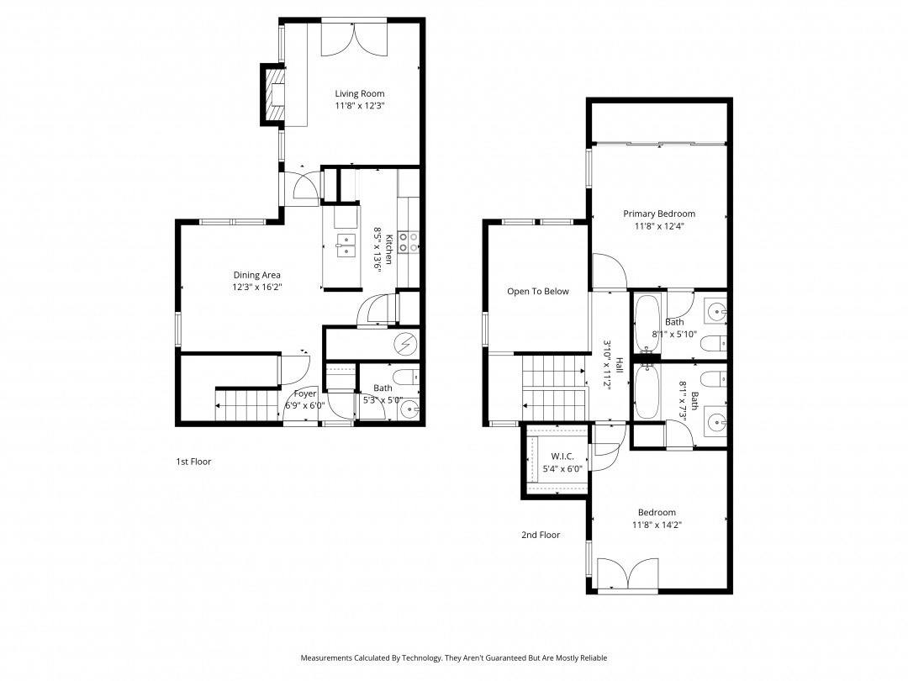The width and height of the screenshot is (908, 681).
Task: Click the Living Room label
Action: point(360,93)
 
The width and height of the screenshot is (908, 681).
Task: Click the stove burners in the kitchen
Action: point(409,242)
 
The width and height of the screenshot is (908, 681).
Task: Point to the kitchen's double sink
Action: point(346,245)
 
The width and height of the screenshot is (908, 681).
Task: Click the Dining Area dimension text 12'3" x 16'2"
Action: point(256,287)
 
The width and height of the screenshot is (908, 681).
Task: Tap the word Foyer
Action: point(304,393)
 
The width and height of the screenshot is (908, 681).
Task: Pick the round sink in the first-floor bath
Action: point(409,410)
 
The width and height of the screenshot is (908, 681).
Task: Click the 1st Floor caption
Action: point(193,462)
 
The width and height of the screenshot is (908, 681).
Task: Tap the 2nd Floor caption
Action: point(540,535)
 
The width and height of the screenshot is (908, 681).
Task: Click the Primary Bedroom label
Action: point(659,214)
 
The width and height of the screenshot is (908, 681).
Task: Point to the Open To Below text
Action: point(537,292)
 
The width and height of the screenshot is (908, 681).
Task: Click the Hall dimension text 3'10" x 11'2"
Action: point(608,363)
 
